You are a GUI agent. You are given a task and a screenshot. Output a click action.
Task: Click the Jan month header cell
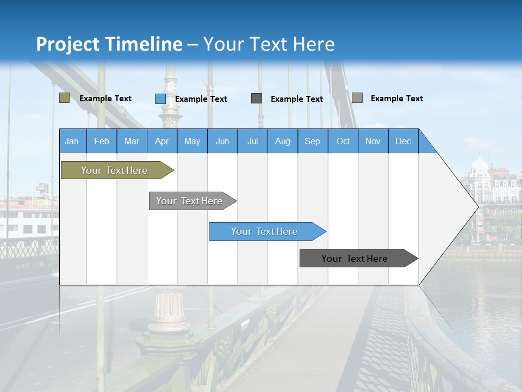click(72, 141)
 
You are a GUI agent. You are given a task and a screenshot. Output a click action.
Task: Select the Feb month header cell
click(102, 141)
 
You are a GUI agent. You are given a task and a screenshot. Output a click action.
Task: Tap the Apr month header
click(162, 141)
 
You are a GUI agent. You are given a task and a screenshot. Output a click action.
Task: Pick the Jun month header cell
click(222, 141)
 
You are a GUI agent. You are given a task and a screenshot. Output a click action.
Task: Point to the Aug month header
click(283, 141)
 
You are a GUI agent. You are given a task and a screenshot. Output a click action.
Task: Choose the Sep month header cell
click(313, 141)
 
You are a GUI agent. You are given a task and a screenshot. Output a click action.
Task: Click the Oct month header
click(343, 141)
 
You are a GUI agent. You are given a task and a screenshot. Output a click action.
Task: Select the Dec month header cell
click(403, 141)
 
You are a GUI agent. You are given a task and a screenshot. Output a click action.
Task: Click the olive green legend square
click(64, 98)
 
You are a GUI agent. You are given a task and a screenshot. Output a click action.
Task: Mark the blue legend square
click(160, 99)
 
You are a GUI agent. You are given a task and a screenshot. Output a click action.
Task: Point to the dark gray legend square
click(257, 99)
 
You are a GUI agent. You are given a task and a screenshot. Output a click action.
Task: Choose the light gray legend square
click(357, 98)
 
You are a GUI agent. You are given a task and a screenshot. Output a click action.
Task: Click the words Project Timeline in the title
click(109, 44)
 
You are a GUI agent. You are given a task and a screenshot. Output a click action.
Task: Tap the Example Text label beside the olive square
click(105, 99)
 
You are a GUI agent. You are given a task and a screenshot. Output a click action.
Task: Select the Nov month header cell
click(373, 141)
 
